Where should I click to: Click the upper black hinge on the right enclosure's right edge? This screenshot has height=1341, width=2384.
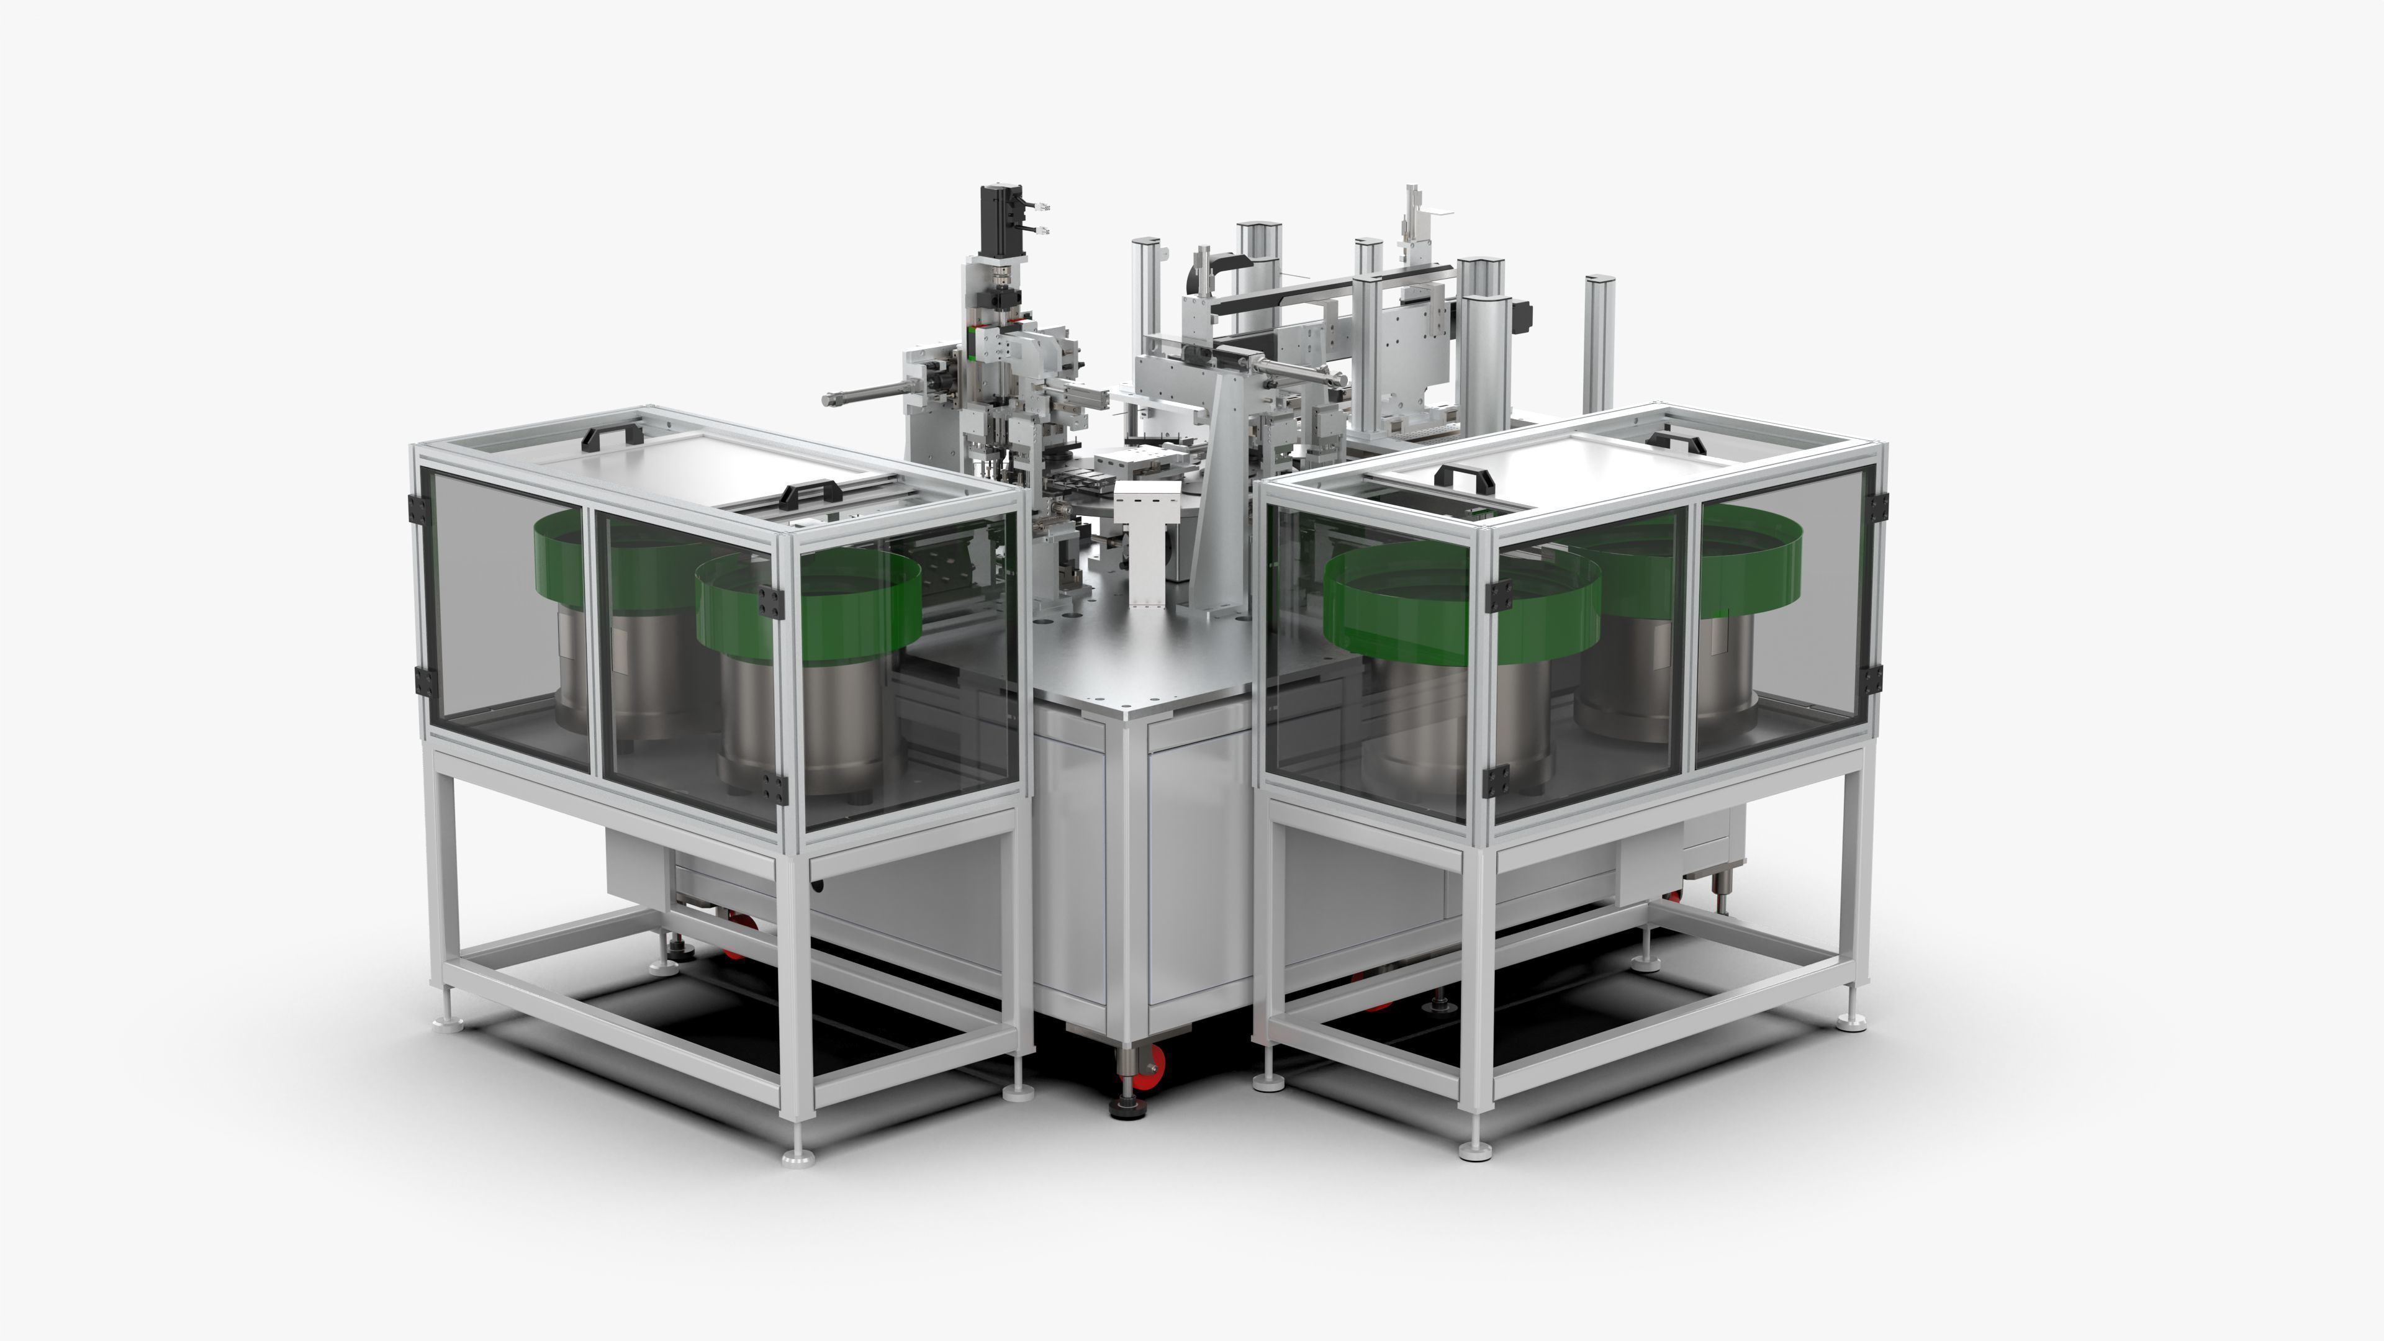coord(1877,506)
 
